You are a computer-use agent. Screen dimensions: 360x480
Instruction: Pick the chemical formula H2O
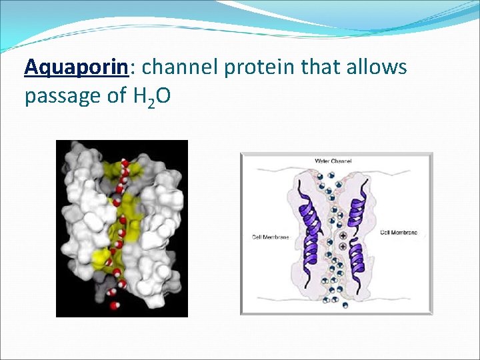click(x=152, y=97)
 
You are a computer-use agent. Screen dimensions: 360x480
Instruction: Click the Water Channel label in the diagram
click(x=333, y=161)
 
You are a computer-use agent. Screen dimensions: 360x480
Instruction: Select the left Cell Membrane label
click(x=270, y=237)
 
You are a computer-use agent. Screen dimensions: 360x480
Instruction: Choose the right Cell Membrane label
click(x=399, y=232)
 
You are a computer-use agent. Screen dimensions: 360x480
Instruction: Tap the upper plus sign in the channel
click(x=343, y=236)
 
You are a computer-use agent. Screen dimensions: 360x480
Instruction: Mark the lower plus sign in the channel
click(x=343, y=247)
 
